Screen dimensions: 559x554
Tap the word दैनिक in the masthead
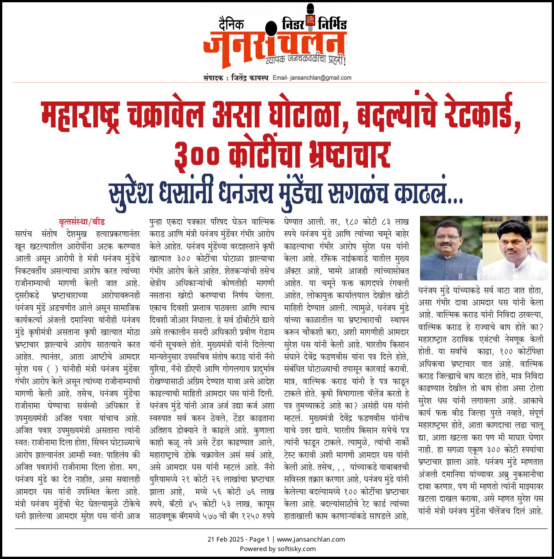click(x=231, y=24)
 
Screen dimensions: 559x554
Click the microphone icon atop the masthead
click(x=310, y=15)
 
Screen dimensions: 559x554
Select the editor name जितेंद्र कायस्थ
click(x=249, y=78)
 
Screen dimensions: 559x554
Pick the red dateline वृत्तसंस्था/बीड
click(x=81, y=222)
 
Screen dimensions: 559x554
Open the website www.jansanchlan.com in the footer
click(x=311, y=539)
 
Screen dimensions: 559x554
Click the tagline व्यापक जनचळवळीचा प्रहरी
click(x=305, y=59)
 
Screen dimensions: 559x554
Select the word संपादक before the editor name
click(x=213, y=78)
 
